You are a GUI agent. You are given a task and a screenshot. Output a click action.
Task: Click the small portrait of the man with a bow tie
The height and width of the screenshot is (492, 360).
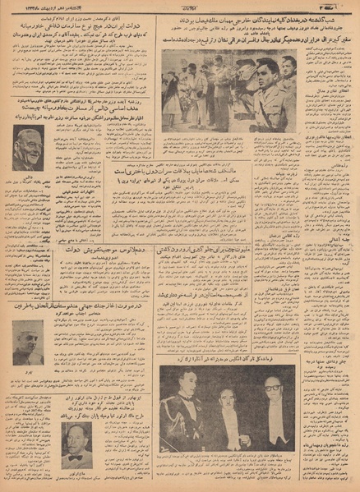(76, 443)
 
